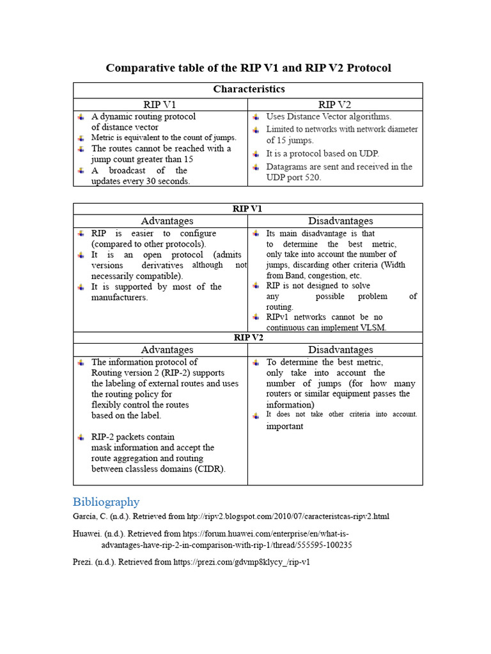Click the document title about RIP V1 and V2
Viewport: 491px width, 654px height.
click(x=248, y=68)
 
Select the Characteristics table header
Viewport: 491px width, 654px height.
click(x=248, y=89)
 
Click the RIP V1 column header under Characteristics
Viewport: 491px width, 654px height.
click(x=160, y=105)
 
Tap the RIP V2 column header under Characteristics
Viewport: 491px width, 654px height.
click(x=335, y=105)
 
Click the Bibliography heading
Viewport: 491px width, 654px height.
click(x=105, y=501)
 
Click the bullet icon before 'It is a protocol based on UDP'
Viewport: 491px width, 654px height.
click(x=255, y=154)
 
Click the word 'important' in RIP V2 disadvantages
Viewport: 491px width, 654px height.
click(x=284, y=426)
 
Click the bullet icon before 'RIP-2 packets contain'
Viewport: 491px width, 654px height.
click(x=81, y=437)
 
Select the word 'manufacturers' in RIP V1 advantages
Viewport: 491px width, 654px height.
click(x=120, y=298)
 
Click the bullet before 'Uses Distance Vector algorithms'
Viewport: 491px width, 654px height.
click(x=255, y=117)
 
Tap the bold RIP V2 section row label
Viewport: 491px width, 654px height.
click(x=248, y=337)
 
